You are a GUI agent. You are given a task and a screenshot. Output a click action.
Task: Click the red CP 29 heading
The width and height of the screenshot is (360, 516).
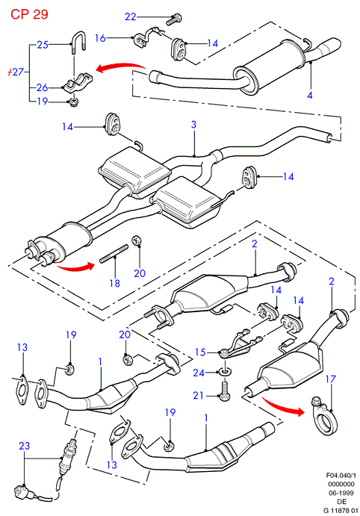[x=29, y=14]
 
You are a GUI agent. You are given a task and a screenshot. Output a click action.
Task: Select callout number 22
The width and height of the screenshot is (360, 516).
[x=130, y=16]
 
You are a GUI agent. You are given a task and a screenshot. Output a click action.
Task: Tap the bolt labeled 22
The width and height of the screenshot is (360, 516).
[x=174, y=19]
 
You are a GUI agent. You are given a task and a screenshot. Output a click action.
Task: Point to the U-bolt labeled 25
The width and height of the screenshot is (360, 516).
[x=78, y=42]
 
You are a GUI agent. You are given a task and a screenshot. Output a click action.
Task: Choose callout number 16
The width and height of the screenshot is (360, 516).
[x=100, y=38]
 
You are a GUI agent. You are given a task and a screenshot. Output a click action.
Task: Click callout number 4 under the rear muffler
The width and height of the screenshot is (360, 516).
[x=309, y=96]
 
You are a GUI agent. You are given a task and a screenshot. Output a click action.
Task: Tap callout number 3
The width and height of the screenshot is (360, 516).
[x=194, y=125]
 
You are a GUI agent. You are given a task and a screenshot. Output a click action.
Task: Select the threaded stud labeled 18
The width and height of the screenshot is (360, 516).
[x=114, y=253]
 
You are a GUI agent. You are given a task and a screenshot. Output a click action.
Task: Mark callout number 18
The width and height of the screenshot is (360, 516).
[x=115, y=283]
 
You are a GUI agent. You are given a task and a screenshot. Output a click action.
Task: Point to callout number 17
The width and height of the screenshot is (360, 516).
[x=330, y=379]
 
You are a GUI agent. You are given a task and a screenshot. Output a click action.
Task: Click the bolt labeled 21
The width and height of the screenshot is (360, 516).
[x=225, y=391]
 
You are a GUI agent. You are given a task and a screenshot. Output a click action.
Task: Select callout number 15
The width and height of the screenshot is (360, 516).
[x=200, y=352]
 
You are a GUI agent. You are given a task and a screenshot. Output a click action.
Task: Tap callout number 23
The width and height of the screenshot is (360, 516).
[x=24, y=446]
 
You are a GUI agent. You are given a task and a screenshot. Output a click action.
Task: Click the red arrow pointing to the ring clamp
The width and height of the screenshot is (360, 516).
[x=282, y=405]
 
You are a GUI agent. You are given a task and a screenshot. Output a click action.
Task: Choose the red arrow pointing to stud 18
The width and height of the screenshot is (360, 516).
[x=75, y=267]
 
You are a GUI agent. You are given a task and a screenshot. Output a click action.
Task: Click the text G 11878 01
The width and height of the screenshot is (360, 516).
[x=341, y=511]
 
